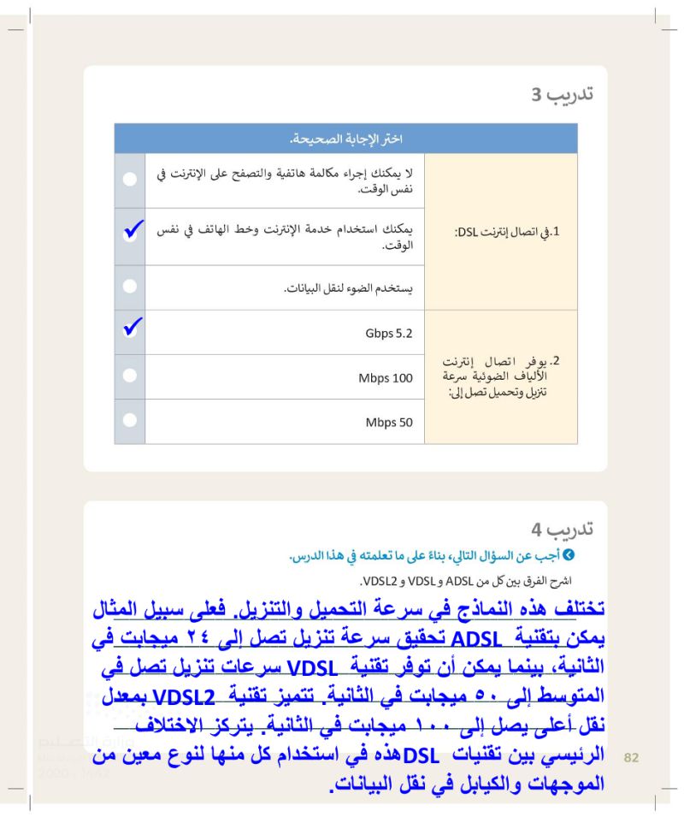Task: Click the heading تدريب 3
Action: [561, 94]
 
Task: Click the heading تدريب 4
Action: [561, 530]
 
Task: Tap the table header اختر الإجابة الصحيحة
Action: [345, 139]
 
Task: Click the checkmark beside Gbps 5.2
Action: [130, 329]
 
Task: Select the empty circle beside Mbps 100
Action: [129, 376]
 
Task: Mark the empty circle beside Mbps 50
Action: [129, 421]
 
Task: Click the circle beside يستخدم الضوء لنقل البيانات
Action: [129, 287]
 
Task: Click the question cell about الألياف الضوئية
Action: [501, 376]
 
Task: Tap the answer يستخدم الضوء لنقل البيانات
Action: [349, 288]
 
